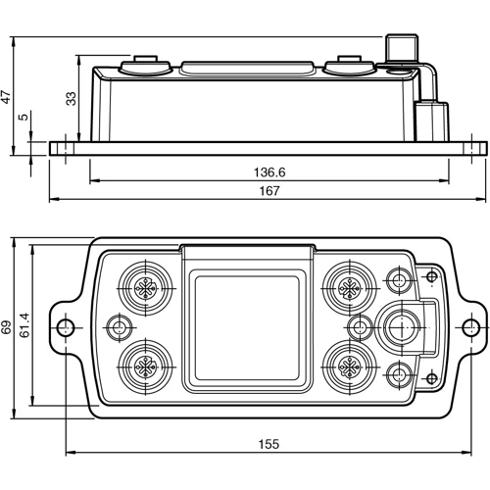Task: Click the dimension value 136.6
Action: coord(269,171)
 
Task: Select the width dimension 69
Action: coord(8,327)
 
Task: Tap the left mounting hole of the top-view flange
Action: coord(65,326)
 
